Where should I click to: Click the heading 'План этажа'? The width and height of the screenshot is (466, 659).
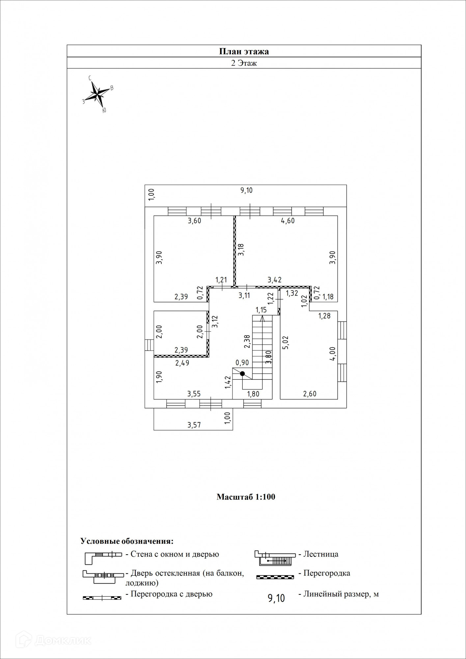tap(244, 51)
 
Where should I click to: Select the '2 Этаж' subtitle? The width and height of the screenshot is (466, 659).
tap(244, 63)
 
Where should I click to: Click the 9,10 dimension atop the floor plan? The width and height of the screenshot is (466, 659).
tap(246, 190)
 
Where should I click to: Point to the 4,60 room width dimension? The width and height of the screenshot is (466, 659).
tap(288, 221)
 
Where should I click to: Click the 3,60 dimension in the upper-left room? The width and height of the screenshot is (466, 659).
tap(194, 221)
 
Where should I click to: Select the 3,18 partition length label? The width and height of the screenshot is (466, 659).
tap(241, 249)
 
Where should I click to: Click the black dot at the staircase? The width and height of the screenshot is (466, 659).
tap(242, 373)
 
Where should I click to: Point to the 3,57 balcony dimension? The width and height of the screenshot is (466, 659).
tap(194, 425)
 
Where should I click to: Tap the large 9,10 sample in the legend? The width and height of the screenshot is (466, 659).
tap(276, 598)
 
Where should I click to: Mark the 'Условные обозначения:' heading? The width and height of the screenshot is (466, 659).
tap(127, 541)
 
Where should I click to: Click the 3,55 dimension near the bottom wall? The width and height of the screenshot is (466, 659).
tap(194, 394)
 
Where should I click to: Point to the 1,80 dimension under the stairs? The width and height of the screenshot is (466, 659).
tap(253, 394)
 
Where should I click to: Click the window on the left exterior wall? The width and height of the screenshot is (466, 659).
tap(149, 345)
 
